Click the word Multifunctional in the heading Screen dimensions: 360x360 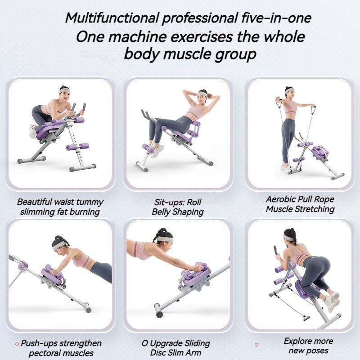(x=112, y=18)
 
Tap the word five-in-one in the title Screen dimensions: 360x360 (x=276, y=18)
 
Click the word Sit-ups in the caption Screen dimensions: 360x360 (x=169, y=202)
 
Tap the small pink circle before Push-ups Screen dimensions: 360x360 (x=17, y=344)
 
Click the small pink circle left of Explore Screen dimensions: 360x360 (x=256, y=345)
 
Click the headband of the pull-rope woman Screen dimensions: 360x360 (x=289, y=90)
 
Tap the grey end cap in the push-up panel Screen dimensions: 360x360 (x=88, y=308)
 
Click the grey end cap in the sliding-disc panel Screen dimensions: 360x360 (x=158, y=310)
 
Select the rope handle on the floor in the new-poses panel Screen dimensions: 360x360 (x=306, y=318)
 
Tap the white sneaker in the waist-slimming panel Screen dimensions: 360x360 (x=32, y=131)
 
